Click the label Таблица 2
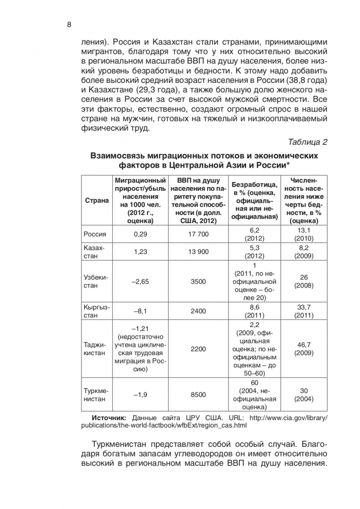point(308,143)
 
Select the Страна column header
point(97,200)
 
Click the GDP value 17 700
point(199,234)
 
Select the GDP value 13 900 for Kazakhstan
point(199,252)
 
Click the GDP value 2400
point(199,311)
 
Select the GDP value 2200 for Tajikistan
point(199,349)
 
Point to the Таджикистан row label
point(95,349)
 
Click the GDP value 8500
point(199,395)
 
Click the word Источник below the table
point(109,417)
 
